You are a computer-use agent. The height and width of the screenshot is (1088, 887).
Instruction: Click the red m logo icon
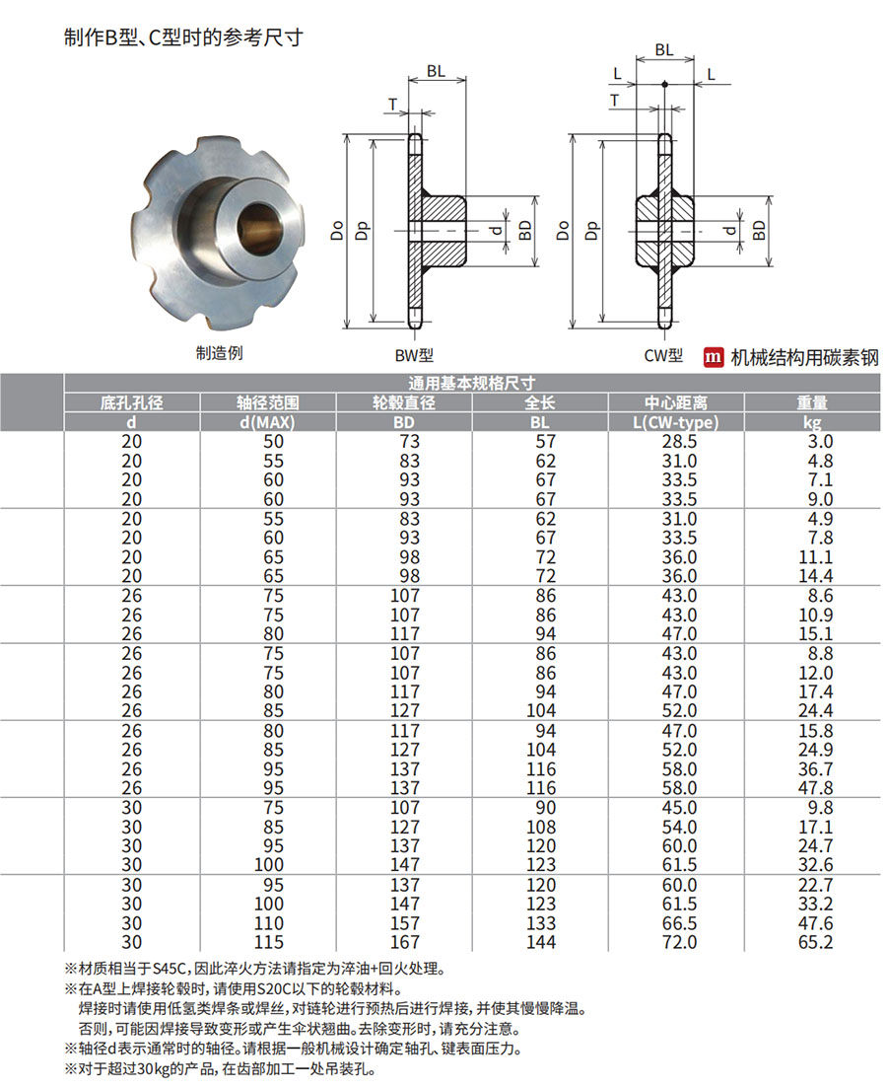point(713,357)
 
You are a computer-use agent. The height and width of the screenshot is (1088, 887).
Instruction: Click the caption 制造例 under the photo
point(219,353)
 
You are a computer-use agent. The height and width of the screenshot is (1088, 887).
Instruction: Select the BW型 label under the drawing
point(414,356)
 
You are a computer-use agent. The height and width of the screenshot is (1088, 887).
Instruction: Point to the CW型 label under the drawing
point(663,356)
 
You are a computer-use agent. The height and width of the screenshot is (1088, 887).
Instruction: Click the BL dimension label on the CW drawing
point(663,49)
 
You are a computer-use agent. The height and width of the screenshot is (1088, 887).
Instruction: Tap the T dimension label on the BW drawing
point(392,105)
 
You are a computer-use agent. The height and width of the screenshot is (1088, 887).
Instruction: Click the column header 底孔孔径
point(132,402)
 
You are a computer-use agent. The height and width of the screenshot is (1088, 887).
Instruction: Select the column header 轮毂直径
point(404,402)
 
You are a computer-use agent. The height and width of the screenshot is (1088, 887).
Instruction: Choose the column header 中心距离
point(675,402)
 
